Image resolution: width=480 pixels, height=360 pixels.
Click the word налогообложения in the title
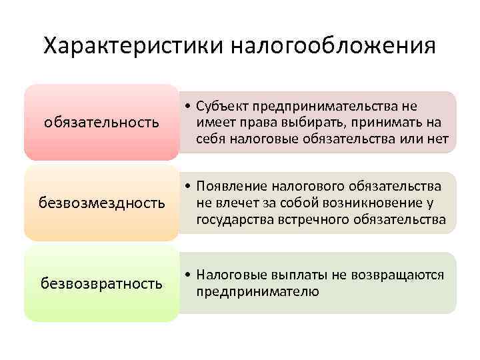tap(333, 47)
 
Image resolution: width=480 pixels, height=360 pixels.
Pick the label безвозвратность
tap(101, 283)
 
